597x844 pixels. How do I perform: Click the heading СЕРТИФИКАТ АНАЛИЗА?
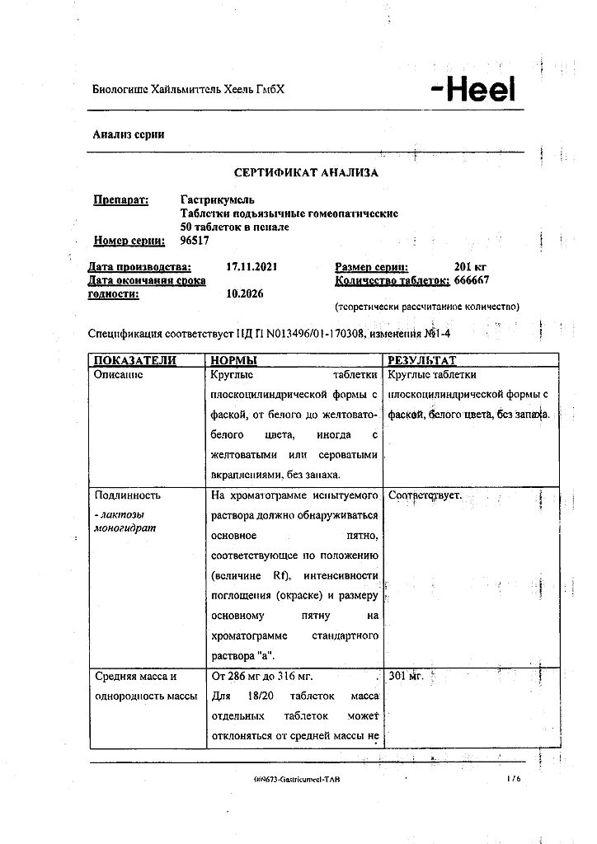306,173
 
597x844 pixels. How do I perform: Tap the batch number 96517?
195,241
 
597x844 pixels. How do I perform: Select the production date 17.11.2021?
256,267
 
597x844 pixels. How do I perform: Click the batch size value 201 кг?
472,267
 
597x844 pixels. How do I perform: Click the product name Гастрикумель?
218,199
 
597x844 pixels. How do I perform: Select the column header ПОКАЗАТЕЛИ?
135,360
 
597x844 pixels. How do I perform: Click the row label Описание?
119,374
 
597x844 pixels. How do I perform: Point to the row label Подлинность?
128,495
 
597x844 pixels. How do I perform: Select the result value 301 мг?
406,676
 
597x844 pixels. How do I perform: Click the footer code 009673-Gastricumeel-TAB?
297,779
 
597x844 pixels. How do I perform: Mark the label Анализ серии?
128,134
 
